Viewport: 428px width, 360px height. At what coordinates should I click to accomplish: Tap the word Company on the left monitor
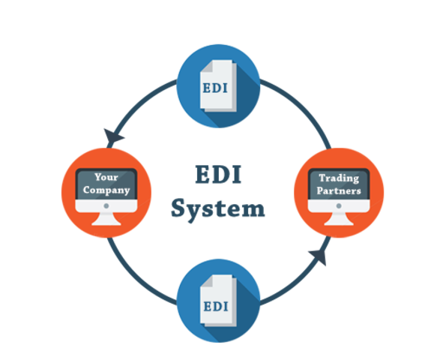[x=106, y=190]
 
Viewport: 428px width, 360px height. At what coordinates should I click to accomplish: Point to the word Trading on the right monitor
[x=339, y=178]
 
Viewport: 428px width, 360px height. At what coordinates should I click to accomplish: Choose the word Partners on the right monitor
[x=339, y=190]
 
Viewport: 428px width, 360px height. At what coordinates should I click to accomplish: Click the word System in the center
[x=217, y=208]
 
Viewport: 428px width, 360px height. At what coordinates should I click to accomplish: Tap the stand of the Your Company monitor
[x=106, y=218]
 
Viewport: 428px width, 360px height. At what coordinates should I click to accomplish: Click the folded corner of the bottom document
[x=230, y=282]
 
